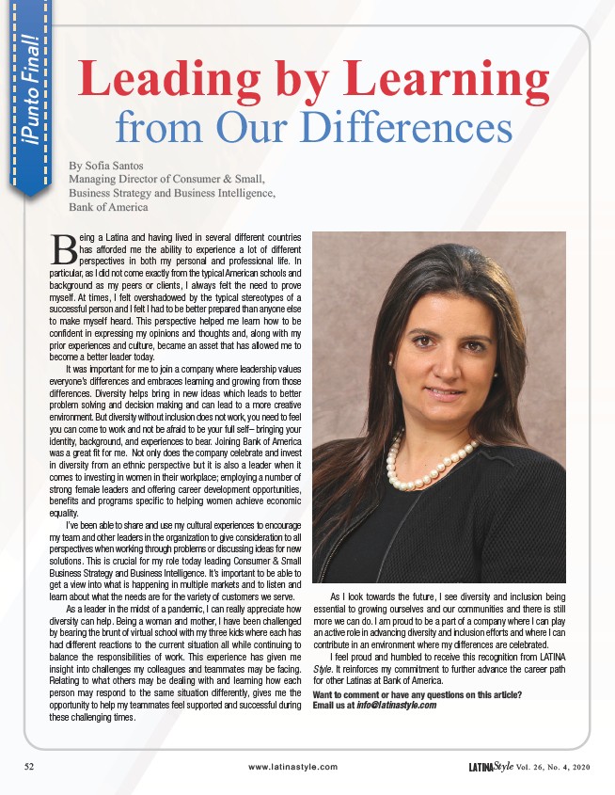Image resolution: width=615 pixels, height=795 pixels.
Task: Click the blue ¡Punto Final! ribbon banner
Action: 28,103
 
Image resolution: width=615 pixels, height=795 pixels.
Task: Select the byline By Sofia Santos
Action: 105,166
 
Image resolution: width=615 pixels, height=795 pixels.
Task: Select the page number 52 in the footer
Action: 28,767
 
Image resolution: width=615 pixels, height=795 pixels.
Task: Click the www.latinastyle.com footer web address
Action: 292,767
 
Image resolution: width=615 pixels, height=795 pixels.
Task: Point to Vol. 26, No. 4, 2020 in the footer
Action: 562,767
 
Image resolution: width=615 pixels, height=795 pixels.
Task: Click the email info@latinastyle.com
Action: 399,705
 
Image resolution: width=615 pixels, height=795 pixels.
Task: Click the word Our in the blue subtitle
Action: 303,127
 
